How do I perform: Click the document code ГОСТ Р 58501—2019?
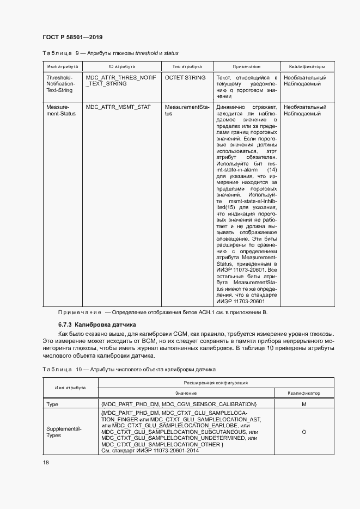coord(72,37)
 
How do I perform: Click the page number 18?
coord(46,462)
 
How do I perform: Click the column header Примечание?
coord(246,66)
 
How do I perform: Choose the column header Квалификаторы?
coord(307,66)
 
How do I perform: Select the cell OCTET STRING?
coord(185,78)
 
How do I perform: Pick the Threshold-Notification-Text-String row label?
coord(60,84)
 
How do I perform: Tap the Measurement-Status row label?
coord(60,111)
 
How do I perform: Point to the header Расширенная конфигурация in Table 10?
coord(216,383)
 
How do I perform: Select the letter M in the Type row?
coord(303,404)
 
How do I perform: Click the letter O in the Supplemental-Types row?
coord(303,432)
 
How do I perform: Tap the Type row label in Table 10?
coord(53,404)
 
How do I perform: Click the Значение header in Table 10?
coord(186,393)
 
